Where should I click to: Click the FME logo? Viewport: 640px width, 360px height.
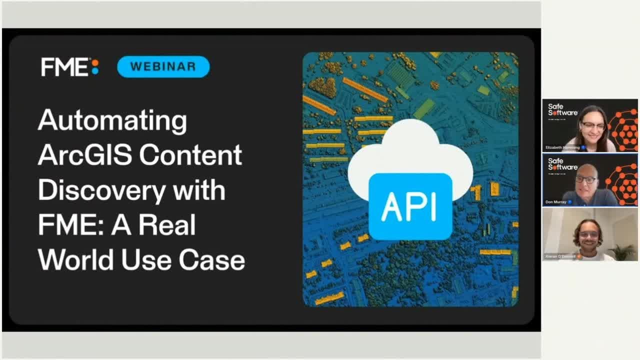point(69,67)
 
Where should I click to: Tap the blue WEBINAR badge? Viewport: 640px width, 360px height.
point(163,66)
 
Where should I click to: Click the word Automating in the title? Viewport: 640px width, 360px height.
point(112,120)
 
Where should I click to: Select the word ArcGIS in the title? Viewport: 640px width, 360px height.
point(84,155)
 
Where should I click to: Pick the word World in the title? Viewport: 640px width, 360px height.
point(75,260)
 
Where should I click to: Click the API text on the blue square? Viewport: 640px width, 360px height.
point(409,206)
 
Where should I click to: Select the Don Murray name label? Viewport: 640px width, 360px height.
point(556,202)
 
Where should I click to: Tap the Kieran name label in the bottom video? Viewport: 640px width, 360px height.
point(560,256)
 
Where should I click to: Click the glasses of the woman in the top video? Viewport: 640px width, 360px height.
point(594,125)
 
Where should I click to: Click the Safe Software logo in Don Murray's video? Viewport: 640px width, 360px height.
point(562,164)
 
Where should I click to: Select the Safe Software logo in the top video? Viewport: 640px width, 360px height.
point(562,109)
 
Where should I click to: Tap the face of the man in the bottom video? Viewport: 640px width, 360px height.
point(592,235)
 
